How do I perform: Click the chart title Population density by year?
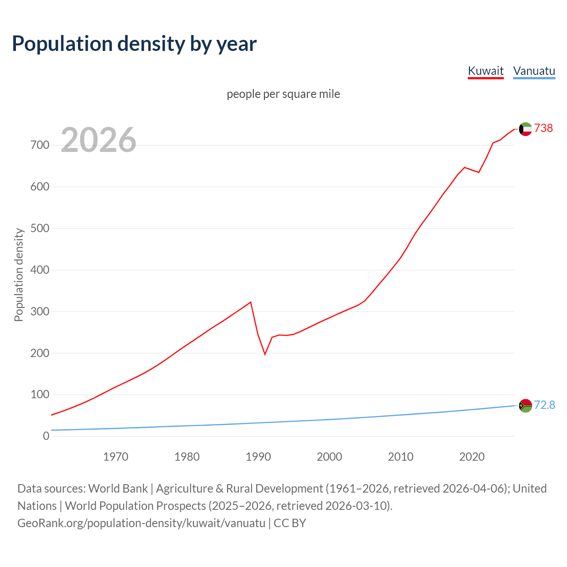pyautogui.click(x=134, y=44)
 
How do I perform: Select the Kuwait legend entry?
pyautogui.click(x=485, y=71)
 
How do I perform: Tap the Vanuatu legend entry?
pyautogui.click(x=534, y=71)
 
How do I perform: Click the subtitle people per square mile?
pyautogui.click(x=283, y=94)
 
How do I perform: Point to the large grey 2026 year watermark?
pyautogui.click(x=98, y=140)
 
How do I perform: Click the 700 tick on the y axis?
pyautogui.click(x=40, y=145)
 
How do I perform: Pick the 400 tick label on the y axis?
pyautogui.click(x=40, y=270)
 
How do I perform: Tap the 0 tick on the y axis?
pyautogui.click(x=46, y=436)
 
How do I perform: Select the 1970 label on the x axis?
pyautogui.click(x=116, y=457)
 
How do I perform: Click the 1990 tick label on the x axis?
pyautogui.click(x=258, y=457)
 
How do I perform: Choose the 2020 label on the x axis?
pyautogui.click(x=472, y=457)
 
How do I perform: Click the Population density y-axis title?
pyautogui.click(x=19, y=275)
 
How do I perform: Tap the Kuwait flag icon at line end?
pyautogui.click(x=525, y=129)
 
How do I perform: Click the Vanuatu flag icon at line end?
pyautogui.click(x=525, y=405)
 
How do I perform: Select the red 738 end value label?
pyautogui.click(x=544, y=128)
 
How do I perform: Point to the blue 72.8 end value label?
pyautogui.click(x=544, y=405)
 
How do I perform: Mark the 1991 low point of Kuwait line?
pyautogui.click(x=265, y=354)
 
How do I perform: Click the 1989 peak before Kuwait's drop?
pyautogui.click(x=251, y=302)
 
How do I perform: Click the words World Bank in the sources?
pyautogui.click(x=118, y=489)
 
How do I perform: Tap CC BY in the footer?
pyautogui.click(x=290, y=523)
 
